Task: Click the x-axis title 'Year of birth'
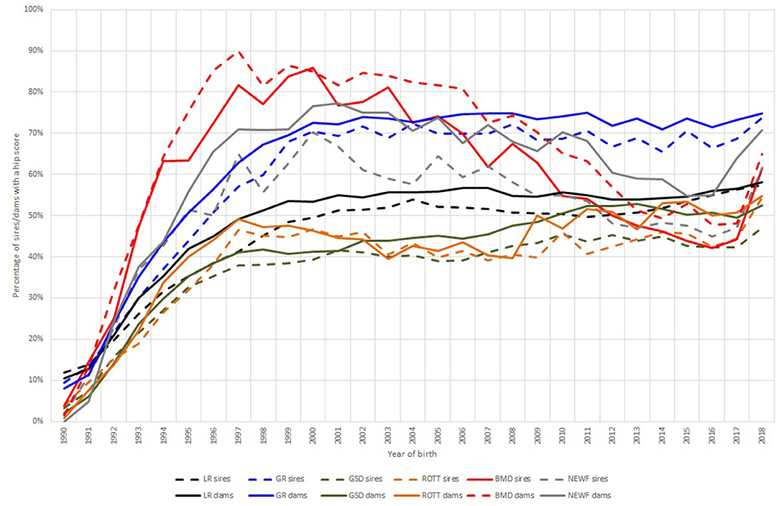[413, 454]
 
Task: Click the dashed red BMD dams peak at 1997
[239, 52]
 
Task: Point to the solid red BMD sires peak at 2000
[313, 68]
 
